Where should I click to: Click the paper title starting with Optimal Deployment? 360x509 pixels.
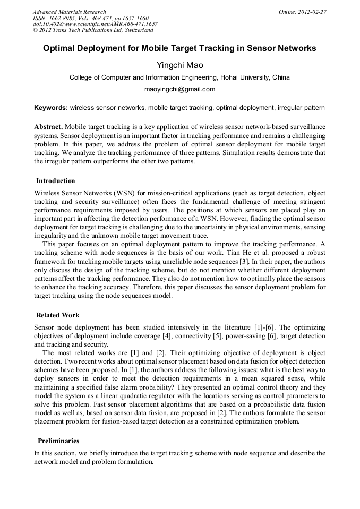(179, 48)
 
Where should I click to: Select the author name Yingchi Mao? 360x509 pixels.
(179, 65)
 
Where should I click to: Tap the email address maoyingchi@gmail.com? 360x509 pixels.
(179, 89)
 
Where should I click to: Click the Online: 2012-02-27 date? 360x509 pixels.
(303, 12)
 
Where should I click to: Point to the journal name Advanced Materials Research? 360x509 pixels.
(70, 12)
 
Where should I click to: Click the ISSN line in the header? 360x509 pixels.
(91, 18)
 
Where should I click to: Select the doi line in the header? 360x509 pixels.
(95, 24)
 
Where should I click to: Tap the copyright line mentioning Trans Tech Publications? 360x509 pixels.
(93, 30)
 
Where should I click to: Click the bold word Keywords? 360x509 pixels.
(51, 108)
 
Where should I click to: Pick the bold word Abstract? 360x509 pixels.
(48, 127)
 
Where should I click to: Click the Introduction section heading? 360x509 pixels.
(56, 181)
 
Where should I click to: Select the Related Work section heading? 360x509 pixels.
(58, 315)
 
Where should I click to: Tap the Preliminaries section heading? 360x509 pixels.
(58, 441)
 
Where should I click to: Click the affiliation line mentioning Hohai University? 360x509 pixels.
(179, 77)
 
